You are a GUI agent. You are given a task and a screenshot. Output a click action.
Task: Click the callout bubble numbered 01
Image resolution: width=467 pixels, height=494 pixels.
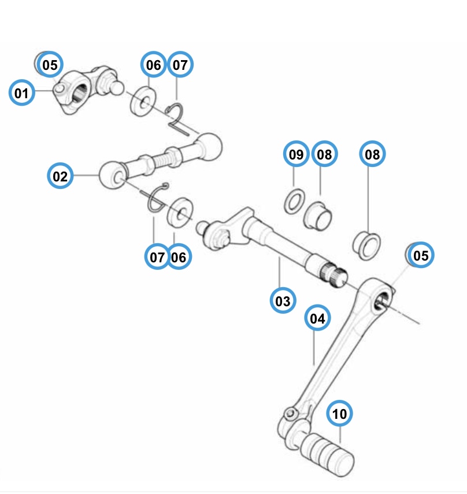(21, 92)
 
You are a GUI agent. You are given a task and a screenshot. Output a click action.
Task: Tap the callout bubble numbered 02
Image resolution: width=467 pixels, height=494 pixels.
(60, 176)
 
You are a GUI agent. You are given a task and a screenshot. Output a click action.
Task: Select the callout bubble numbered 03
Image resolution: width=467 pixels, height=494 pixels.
(283, 300)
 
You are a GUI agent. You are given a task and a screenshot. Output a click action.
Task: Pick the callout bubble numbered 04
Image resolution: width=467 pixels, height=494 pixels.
(317, 318)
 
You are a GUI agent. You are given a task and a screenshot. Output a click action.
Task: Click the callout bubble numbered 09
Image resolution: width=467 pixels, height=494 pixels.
(296, 154)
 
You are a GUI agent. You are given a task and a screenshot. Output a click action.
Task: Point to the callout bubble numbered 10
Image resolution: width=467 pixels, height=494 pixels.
(340, 414)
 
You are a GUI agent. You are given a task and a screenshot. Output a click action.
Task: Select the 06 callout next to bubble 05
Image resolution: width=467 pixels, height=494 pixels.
(153, 65)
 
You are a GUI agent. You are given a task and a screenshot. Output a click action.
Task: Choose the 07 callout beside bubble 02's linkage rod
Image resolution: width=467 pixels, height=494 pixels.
(157, 257)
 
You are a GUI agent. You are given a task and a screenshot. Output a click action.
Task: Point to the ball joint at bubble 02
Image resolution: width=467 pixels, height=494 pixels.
(113, 174)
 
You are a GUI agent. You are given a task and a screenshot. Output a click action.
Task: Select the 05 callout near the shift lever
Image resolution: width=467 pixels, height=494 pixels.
(421, 255)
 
